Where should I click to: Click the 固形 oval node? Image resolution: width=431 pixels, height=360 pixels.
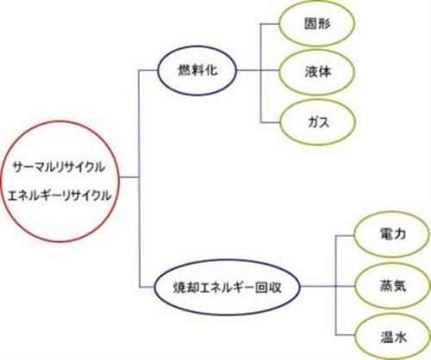click(316, 23)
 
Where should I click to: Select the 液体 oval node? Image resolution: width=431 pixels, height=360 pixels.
click(316, 71)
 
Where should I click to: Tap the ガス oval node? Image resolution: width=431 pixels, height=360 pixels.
click(317, 122)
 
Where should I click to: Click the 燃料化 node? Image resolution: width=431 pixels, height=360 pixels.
click(197, 71)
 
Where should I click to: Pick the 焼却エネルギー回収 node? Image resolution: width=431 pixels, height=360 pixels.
click(228, 287)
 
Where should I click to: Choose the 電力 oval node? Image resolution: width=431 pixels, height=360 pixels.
click(392, 235)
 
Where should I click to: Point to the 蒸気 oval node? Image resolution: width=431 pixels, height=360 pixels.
click(393, 286)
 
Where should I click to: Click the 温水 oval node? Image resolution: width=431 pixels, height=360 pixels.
click(393, 337)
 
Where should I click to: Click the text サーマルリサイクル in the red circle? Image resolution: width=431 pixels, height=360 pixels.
click(59, 167)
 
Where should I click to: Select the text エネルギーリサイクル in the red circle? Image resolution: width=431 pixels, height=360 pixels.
click(59, 196)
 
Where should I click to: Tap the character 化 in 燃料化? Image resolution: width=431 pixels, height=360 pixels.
click(211, 71)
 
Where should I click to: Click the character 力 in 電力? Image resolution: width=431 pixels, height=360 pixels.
click(400, 234)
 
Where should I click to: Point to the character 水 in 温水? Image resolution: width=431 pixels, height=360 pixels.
click(400, 337)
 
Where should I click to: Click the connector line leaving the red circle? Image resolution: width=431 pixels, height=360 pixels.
click(129, 177)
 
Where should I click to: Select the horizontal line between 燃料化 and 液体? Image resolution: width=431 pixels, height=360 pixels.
click(258, 70)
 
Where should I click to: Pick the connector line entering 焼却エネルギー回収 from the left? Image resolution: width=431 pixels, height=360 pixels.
click(147, 287)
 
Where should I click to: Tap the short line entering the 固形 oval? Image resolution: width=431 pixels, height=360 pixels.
click(270, 24)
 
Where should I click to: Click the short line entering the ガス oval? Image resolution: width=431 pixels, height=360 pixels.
click(271, 122)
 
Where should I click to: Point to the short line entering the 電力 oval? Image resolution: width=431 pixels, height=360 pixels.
click(345, 235)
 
